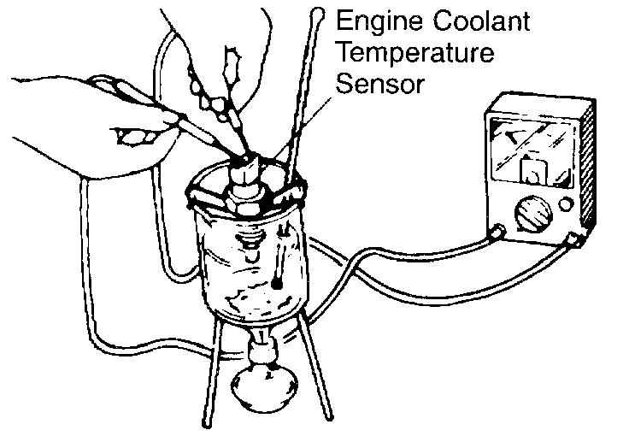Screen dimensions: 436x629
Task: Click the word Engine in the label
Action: pos(369,21)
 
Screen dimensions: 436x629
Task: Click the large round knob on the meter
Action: pos(527,210)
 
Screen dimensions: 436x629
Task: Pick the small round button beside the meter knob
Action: pos(565,204)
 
